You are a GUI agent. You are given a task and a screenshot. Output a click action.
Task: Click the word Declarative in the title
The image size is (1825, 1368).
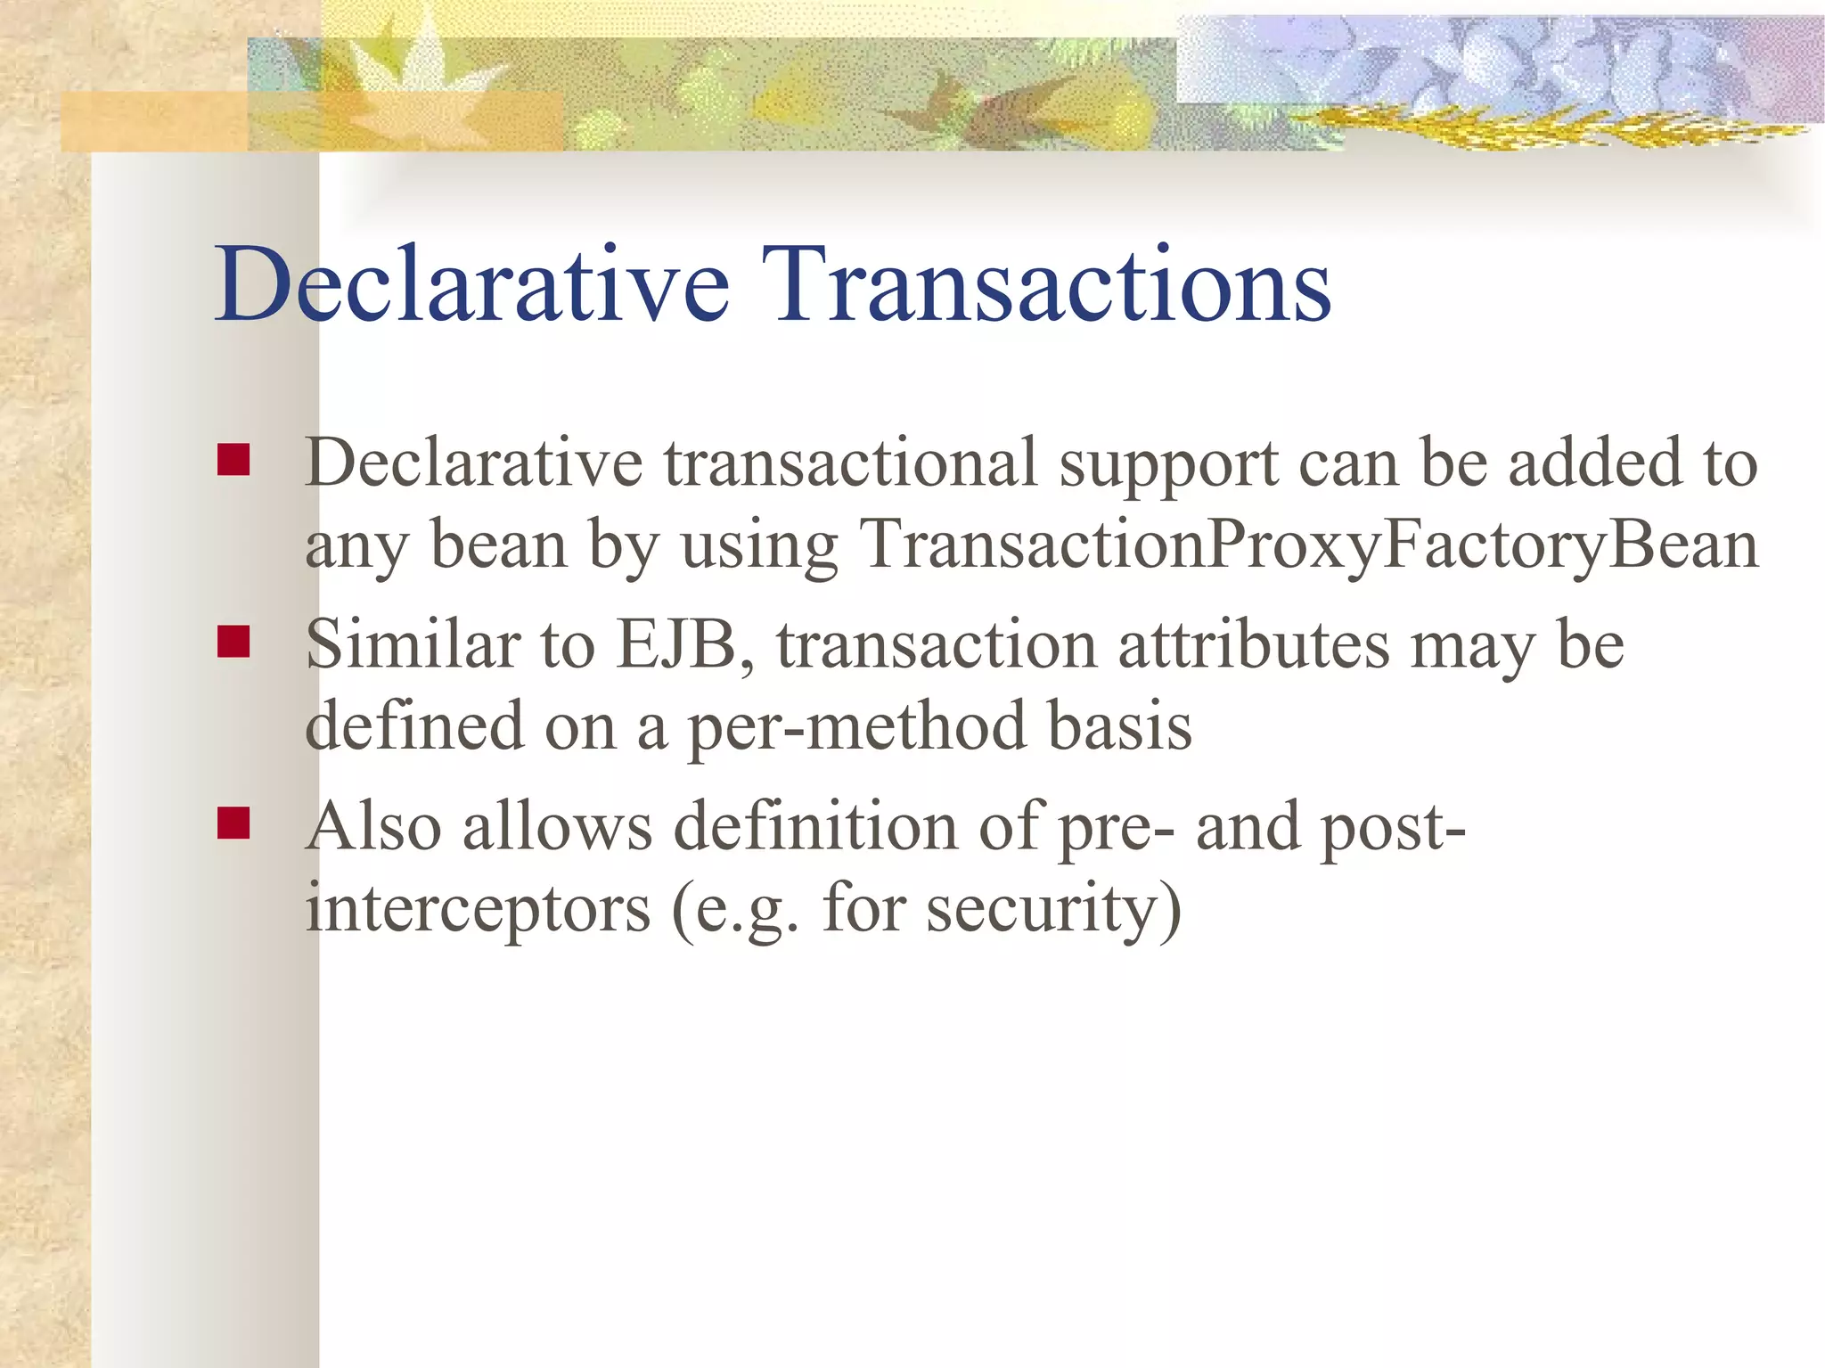(472, 285)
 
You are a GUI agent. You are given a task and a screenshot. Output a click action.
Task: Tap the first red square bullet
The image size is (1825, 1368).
(233, 460)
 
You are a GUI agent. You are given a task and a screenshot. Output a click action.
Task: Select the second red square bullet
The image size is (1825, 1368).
(233, 641)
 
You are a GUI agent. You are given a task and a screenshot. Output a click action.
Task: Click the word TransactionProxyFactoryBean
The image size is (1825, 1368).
(1308, 545)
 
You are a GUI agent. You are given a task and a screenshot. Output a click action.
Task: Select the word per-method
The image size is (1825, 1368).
(856, 726)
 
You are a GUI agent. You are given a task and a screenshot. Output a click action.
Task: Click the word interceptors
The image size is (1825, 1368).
(478, 908)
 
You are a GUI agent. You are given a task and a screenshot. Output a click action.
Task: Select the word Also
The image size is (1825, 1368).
(373, 826)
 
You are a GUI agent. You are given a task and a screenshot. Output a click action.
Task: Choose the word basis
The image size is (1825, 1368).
(1118, 726)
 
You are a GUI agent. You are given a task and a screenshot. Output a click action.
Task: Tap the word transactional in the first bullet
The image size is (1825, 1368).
(850, 463)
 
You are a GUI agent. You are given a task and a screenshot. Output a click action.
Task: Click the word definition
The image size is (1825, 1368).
(814, 826)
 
